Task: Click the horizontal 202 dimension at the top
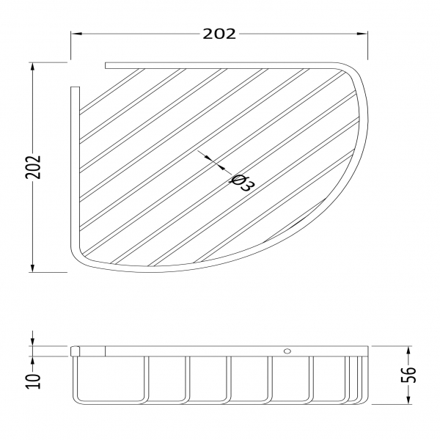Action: click(219, 34)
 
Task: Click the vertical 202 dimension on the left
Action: click(34, 167)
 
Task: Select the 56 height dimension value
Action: click(408, 375)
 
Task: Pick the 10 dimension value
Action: click(34, 381)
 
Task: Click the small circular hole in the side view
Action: click(287, 351)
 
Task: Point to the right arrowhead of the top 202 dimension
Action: click(362, 34)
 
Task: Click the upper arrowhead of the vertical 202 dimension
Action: click(33, 67)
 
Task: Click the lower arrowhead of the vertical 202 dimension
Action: click(33, 267)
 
